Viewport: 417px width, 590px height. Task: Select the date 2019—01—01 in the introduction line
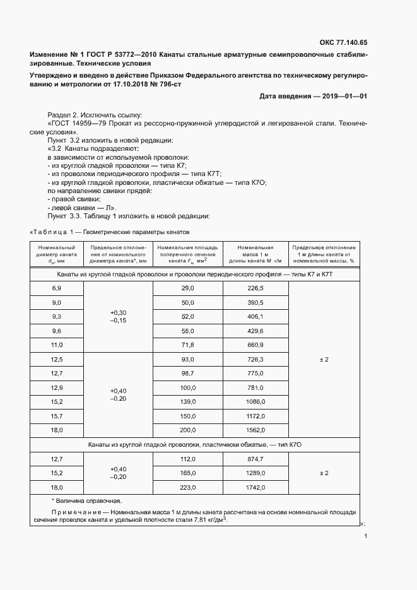(x=344, y=96)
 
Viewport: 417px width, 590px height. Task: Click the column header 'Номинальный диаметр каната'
(x=57, y=252)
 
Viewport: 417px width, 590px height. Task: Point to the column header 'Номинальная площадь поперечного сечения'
(x=188, y=252)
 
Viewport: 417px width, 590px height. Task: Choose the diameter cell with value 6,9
(x=57, y=288)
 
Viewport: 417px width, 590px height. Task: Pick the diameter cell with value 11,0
(x=57, y=345)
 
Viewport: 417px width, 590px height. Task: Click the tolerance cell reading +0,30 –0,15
(x=118, y=317)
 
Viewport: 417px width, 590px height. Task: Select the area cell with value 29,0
(x=188, y=288)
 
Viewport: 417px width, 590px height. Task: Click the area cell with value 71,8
(x=188, y=345)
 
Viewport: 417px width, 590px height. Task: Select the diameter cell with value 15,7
(x=57, y=416)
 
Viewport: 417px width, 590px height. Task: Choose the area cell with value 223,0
(x=188, y=487)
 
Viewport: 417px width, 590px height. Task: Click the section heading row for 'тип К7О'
(x=194, y=445)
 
